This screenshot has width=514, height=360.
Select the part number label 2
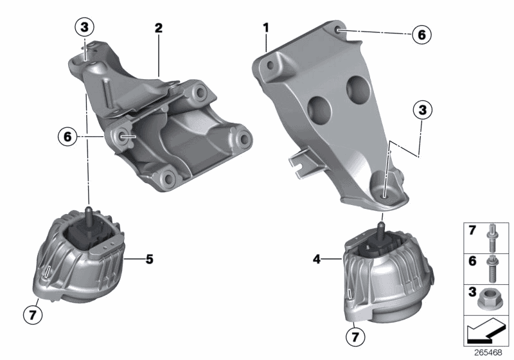(159, 28)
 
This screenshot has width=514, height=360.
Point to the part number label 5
(149, 260)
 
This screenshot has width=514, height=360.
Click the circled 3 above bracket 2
(84, 28)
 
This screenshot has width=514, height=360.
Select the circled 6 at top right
(421, 34)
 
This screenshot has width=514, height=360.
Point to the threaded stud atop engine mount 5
(88, 212)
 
